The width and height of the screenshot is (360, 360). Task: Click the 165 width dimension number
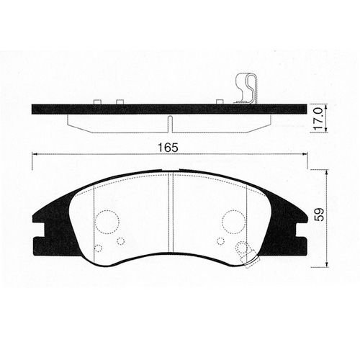click(x=168, y=148)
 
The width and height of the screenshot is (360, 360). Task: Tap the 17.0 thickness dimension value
click(x=319, y=119)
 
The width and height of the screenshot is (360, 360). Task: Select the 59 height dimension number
click(x=320, y=214)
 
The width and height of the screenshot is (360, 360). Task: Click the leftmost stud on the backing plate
click(x=97, y=102)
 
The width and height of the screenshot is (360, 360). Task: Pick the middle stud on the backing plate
click(x=120, y=102)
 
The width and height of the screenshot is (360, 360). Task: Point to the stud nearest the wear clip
click(x=220, y=102)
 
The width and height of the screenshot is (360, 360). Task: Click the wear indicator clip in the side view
click(x=246, y=89)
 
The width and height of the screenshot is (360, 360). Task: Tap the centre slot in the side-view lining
click(x=170, y=124)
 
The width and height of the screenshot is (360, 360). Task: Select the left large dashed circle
click(x=107, y=222)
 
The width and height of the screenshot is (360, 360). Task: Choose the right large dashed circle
click(x=234, y=222)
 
